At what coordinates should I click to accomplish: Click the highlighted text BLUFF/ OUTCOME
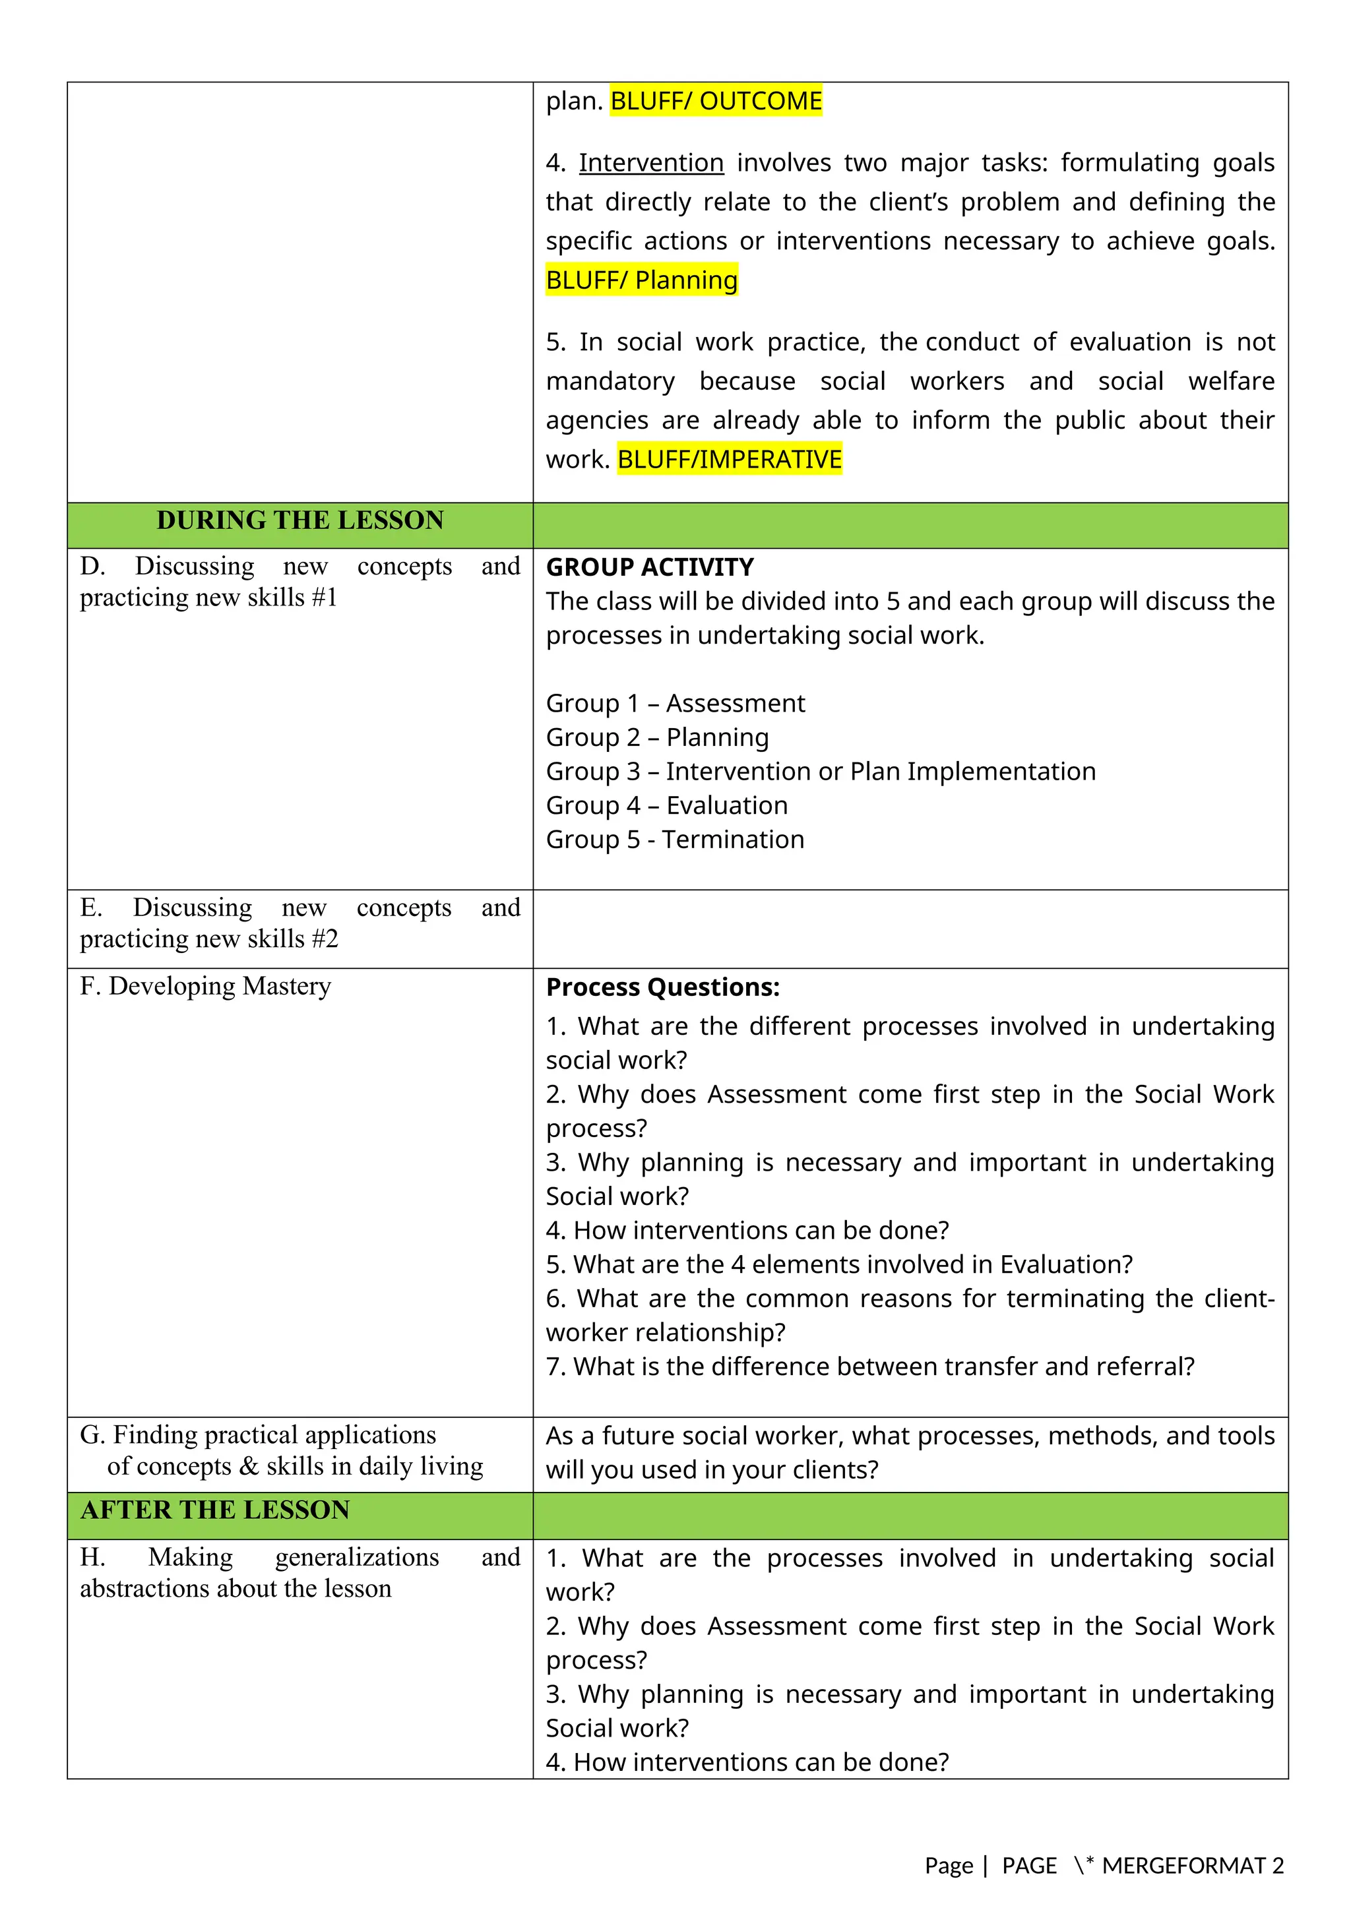pyautogui.click(x=716, y=101)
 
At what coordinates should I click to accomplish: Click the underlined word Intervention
pyautogui.click(x=650, y=162)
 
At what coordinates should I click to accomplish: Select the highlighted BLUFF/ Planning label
pyautogui.click(x=641, y=280)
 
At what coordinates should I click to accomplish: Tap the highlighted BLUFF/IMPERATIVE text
pyautogui.click(x=729, y=459)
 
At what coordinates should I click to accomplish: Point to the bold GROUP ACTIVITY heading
pyautogui.click(x=649, y=567)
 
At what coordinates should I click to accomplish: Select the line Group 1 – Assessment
pyautogui.click(x=675, y=704)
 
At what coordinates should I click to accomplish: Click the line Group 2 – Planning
pyautogui.click(x=657, y=738)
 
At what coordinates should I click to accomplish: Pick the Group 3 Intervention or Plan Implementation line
pyautogui.click(x=820, y=772)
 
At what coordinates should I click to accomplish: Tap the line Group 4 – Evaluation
pyautogui.click(x=666, y=806)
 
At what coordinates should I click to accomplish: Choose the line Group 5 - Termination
pyautogui.click(x=675, y=840)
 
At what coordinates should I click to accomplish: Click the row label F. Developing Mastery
pyautogui.click(x=205, y=987)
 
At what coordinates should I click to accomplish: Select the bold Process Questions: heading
pyautogui.click(x=662, y=987)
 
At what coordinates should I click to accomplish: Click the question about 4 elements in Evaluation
pyautogui.click(x=838, y=1265)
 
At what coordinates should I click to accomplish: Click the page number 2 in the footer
pyautogui.click(x=1278, y=1866)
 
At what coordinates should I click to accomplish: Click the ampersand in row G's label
pyautogui.click(x=248, y=1467)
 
